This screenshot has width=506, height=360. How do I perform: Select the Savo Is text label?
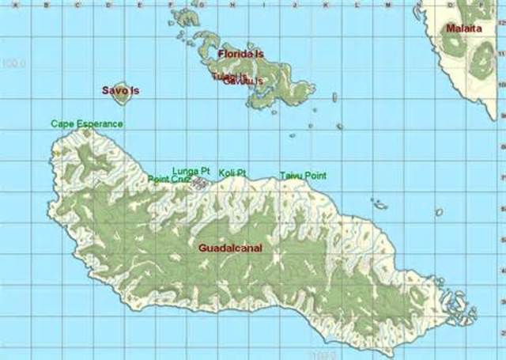[120, 90]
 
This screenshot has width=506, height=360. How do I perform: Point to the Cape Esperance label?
[87, 123]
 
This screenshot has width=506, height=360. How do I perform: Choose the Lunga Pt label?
[191, 170]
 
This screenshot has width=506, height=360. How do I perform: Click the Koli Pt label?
[232, 172]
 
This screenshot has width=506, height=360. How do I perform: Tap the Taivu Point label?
[303, 176]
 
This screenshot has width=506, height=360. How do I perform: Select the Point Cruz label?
[168, 179]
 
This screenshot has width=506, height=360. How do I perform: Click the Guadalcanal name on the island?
[230, 248]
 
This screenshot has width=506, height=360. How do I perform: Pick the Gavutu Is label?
[243, 81]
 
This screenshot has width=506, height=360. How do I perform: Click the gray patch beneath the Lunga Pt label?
[200, 184]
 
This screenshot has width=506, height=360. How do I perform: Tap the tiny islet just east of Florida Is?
[334, 97]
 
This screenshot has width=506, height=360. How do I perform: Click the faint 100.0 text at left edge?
[14, 63]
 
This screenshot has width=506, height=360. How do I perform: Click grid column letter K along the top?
[326, 5]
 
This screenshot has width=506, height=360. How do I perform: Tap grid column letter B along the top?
[47, 5]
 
